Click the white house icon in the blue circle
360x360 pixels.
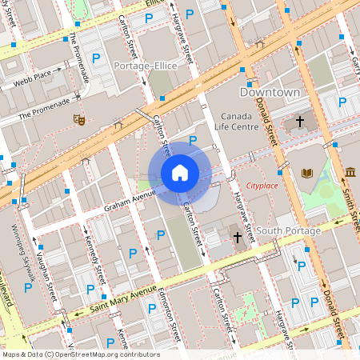[180, 173]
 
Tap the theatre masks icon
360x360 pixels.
[78, 119]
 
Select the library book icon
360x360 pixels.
[307, 173]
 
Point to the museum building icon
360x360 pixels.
[350, 171]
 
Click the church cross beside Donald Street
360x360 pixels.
[300, 122]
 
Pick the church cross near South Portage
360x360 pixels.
[237, 238]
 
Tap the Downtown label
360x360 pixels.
[270, 93]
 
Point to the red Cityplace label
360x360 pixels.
[262, 186]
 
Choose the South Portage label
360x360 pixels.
[289, 231]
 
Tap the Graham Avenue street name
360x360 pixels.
[130, 201]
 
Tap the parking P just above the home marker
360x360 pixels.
[192, 141]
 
